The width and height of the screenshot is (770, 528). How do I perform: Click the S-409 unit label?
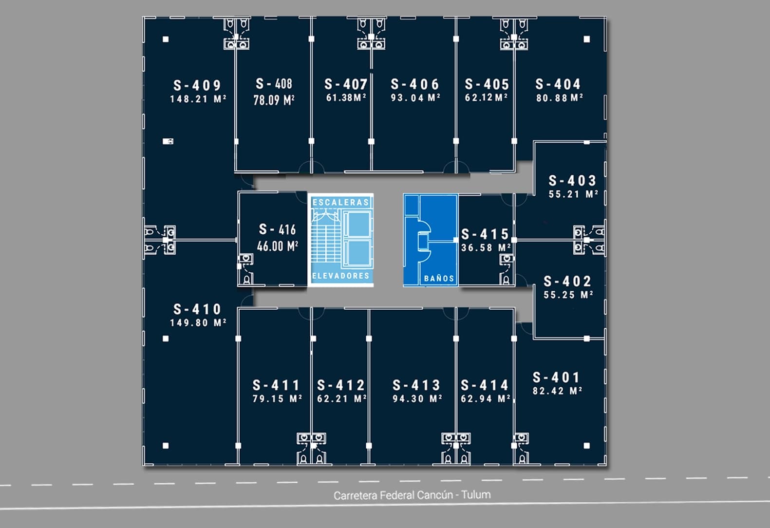197,86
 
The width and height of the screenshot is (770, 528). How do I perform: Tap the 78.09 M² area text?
274,100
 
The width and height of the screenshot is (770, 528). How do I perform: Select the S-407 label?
346,84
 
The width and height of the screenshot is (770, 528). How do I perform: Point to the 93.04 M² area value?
415,98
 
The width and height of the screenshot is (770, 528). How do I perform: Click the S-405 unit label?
487,84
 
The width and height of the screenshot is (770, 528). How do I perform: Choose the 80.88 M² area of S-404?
560,98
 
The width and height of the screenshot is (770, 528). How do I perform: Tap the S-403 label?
572,181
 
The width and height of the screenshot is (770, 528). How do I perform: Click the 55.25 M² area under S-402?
568,295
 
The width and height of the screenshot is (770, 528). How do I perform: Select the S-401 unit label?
556,377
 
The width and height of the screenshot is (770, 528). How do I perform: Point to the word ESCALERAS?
340,202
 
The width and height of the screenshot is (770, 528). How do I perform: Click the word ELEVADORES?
340,276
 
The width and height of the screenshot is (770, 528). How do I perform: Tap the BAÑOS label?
439,279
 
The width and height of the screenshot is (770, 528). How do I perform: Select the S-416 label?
277,229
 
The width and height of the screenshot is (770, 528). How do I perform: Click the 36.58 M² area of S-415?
486,247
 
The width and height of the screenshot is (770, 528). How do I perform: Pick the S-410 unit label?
197,309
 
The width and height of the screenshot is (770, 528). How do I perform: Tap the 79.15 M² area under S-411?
277,398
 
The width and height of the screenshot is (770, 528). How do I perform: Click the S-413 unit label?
416,385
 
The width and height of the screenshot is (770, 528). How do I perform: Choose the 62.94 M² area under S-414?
485,398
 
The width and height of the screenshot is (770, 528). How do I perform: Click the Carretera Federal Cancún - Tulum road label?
412,495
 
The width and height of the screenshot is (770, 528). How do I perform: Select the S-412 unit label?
341,385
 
